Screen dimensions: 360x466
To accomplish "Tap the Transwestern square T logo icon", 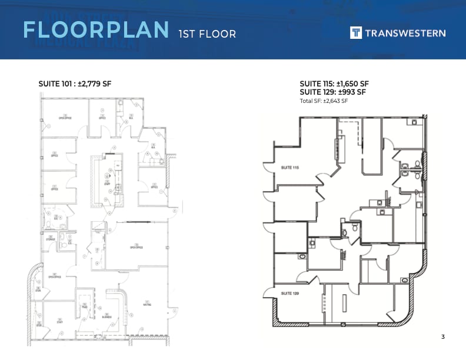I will (356, 33).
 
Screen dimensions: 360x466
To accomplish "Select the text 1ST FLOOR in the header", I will (207, 34).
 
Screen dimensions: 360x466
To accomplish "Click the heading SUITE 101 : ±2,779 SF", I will (75, 84).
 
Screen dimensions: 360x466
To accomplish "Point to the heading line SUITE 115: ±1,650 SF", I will (334, 84).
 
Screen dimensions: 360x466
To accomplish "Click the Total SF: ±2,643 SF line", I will (324, 101).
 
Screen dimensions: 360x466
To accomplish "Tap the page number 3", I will (442, 336).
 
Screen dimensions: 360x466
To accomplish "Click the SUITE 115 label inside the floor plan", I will (290, 168).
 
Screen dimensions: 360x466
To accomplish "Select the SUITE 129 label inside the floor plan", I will (290, 293).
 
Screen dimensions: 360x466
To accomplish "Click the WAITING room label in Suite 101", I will (148, 304).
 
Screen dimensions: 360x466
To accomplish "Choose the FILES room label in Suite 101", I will (85, 307).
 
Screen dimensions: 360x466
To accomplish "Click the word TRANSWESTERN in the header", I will (405, 34).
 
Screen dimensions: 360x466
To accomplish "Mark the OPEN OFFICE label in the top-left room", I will (65, 118).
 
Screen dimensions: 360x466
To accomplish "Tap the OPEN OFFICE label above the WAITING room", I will (137, 248).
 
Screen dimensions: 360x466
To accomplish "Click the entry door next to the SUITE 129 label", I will (269, 293).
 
